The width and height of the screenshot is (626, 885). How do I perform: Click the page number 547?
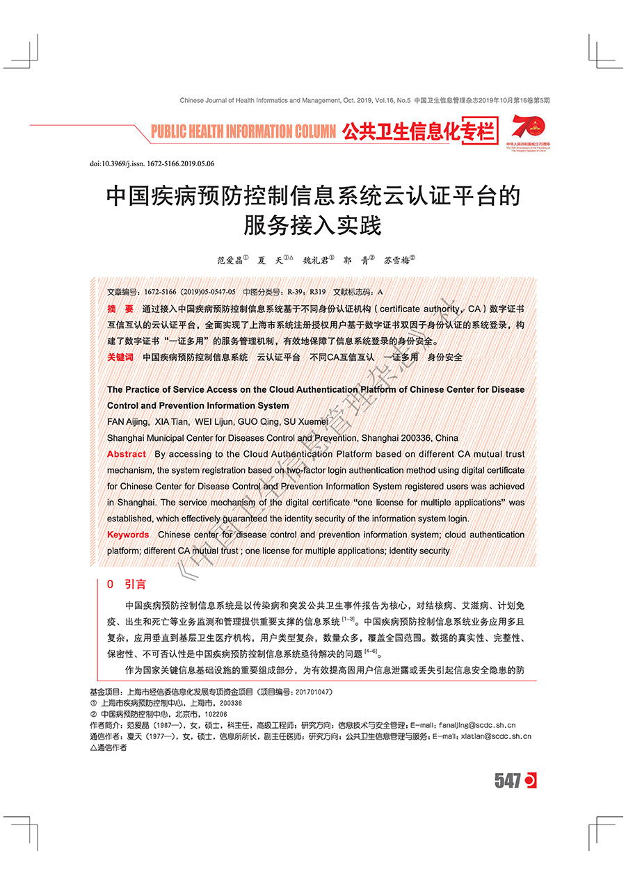[508, 781]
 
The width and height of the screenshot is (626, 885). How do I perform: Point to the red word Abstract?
[127, 454]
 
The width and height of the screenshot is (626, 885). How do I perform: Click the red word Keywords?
[128, 535]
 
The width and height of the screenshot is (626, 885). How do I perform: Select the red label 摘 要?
[120, 308]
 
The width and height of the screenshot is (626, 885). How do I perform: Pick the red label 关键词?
[120, 357]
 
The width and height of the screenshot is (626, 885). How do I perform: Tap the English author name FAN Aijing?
[127, 422]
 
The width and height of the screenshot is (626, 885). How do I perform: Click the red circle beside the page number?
[530, 781]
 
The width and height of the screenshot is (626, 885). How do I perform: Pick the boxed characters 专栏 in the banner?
[480, 131]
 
